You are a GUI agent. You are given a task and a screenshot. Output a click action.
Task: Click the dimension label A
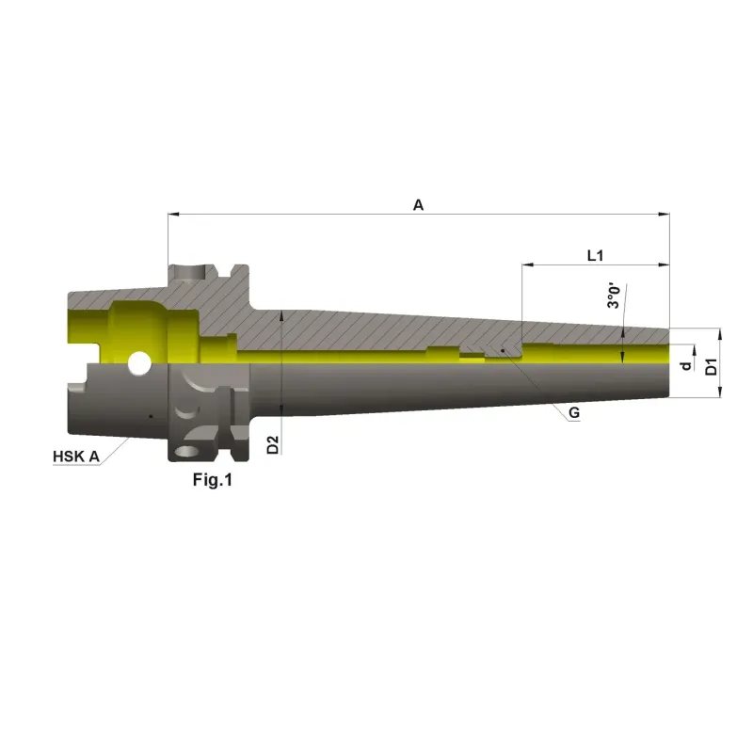[418, 205]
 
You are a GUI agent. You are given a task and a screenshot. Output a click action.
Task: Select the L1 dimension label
[595, 255]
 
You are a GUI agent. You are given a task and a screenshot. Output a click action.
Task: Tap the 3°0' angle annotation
[614, 296]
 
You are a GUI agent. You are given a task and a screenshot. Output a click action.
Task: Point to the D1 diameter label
[712, 366]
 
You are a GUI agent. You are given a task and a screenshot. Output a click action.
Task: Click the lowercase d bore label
[686, 365]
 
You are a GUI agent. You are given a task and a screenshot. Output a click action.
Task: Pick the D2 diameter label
[272, 444]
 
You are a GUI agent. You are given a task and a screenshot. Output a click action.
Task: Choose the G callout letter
[574, 412]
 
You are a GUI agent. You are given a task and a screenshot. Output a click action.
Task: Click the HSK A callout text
[76, 457]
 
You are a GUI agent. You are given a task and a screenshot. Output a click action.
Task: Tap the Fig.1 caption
[213, 479]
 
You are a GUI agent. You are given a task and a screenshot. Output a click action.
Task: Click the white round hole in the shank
[139, 363]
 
